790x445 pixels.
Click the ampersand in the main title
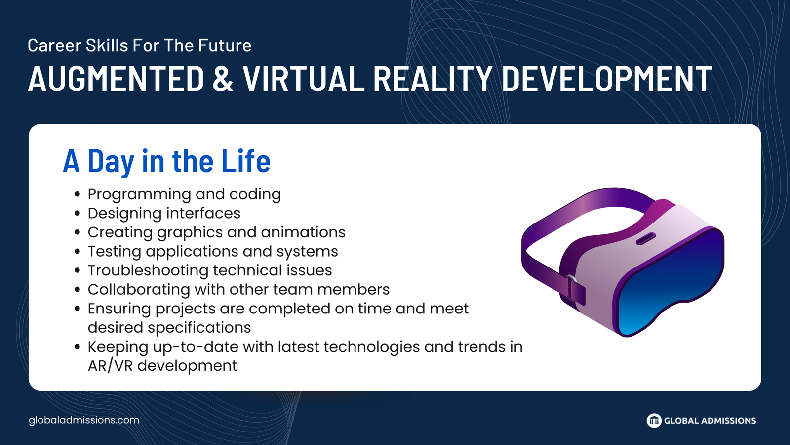pos(223,79)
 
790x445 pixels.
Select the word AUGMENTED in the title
pos(117,79)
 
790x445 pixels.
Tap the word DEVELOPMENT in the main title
pos(607,79)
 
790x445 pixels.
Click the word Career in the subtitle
pos(54,45)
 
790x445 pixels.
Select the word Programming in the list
pos(139,195)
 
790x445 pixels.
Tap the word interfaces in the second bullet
pos(203,213)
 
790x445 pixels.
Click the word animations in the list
pos(303,232)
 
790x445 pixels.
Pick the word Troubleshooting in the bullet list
pos(148,271)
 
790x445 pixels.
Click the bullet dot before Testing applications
pos(78,252)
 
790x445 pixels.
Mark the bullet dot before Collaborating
pos(78,290)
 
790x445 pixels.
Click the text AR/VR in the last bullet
pos(110,366)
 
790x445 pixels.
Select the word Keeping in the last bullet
pos(118,347)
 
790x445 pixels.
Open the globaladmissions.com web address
pos(84,420)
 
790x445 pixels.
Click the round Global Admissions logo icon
pos(654,421)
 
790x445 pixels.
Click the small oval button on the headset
pos(646,239)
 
